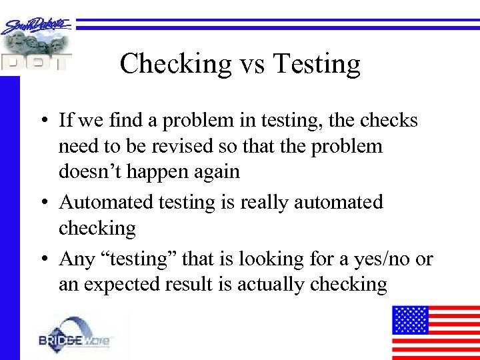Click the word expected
(127, 285)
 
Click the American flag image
(435, 332)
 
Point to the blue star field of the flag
(410, 319)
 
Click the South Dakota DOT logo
(37, 44)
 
